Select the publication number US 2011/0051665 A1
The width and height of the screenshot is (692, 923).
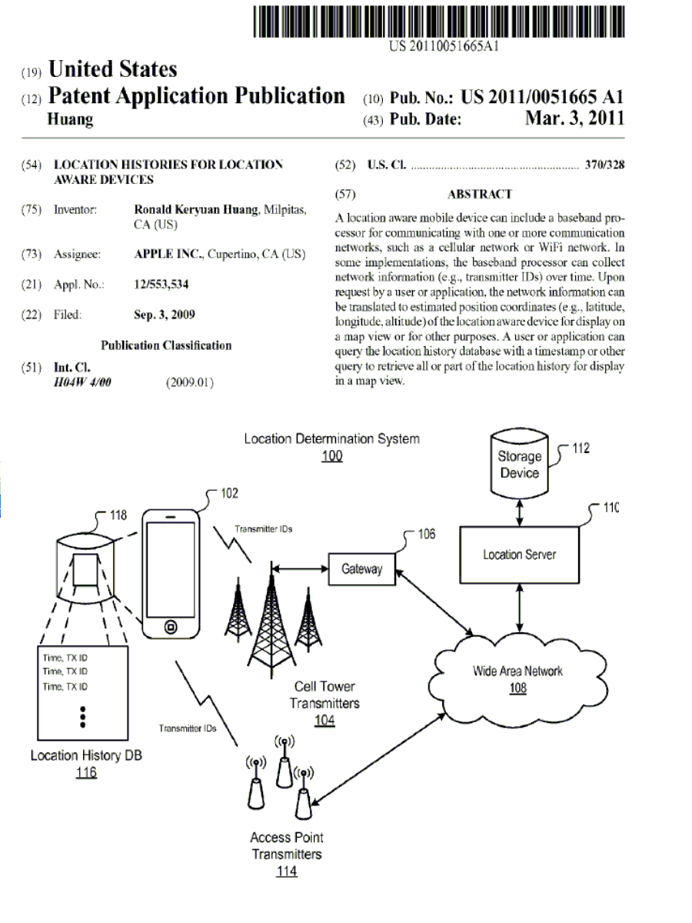pyautogui.click(x=542, y=98)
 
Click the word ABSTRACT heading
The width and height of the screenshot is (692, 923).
pyautogui.click(x=479, y=195)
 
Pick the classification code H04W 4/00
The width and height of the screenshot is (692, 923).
pyautogui.click(x=82, y=382)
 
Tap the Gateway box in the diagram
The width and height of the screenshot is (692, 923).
pyautogui.click(x=361, y=570)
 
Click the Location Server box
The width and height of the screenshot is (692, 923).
pyautogui.click(x=520, y=555)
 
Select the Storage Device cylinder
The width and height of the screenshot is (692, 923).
pyautogui.click(x=520, y=463)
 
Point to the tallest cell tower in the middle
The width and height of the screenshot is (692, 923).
pyautogui.click(x=270, y=615)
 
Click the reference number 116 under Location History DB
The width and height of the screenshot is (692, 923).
pyautogui.click(x=85, y=773)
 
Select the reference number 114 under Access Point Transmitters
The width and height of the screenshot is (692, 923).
pyautogui.click(x=286, y=871)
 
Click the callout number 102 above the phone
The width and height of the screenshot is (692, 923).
pyautogui.click(x=229, y=494)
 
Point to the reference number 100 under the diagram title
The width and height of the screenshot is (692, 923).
pyautogui.click(x=332, y=456)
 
